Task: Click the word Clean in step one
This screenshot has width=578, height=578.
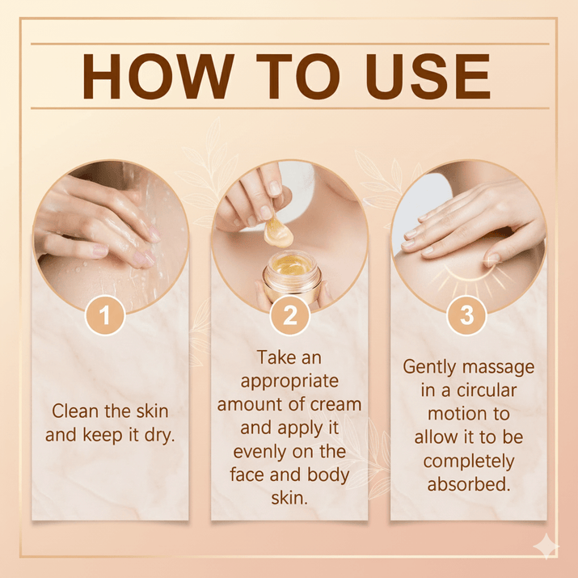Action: [x=74, y=411]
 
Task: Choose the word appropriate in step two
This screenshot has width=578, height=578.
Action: [x=289, y=380]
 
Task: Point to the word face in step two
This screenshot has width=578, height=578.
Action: [x=252, y=474]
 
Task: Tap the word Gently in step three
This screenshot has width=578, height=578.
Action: [x=435, y=366]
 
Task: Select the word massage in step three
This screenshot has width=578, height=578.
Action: [x=502, y=366]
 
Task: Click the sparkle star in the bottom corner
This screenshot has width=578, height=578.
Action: [x=546, y=546]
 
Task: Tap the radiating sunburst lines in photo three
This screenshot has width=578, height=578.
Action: [x=467, y=279]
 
